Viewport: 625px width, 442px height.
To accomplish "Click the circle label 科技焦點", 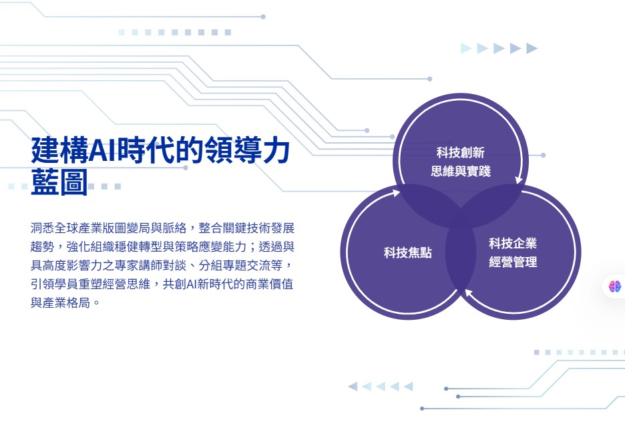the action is pyautogui.click(x=408, y=252).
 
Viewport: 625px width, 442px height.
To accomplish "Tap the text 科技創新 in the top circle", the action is pyautogui.click(x=460, y=152).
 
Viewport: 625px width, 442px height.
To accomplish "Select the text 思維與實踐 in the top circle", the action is pyautogui.click(x=460, y=171).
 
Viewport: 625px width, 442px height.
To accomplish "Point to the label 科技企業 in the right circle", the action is pyautogui.click(x=513, y=243).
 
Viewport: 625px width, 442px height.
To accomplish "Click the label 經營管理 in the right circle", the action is pyautogui.click(x=513, y=262).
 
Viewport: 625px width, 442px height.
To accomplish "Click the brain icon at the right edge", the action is pyautogui.click(x=614, y=286).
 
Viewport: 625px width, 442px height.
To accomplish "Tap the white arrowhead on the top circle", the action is pyautogui.click(x=519, y=180).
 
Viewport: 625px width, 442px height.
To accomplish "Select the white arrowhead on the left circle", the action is pyautogui.click(x=396, y=194).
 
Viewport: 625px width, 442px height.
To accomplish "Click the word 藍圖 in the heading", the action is pyautogui.click(x=59, y=182).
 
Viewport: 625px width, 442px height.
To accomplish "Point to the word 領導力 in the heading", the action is pyautogui.click(x=247, y=150).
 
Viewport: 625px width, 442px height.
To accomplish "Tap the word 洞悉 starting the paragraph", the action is pyautogui.click(x=42, y=228).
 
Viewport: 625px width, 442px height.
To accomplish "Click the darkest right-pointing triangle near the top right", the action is pyautogui.click(x=532, y=48).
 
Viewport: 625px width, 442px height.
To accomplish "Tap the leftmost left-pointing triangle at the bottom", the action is pyautogui.click(x=353, y=386).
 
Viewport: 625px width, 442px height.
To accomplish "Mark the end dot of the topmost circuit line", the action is pyautogui.click(x=263, y=17).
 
